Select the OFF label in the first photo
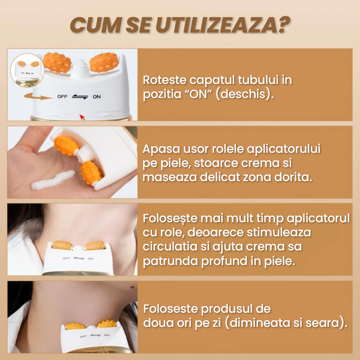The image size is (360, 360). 62,96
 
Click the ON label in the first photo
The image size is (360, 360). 96,97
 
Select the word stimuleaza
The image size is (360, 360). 274,232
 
